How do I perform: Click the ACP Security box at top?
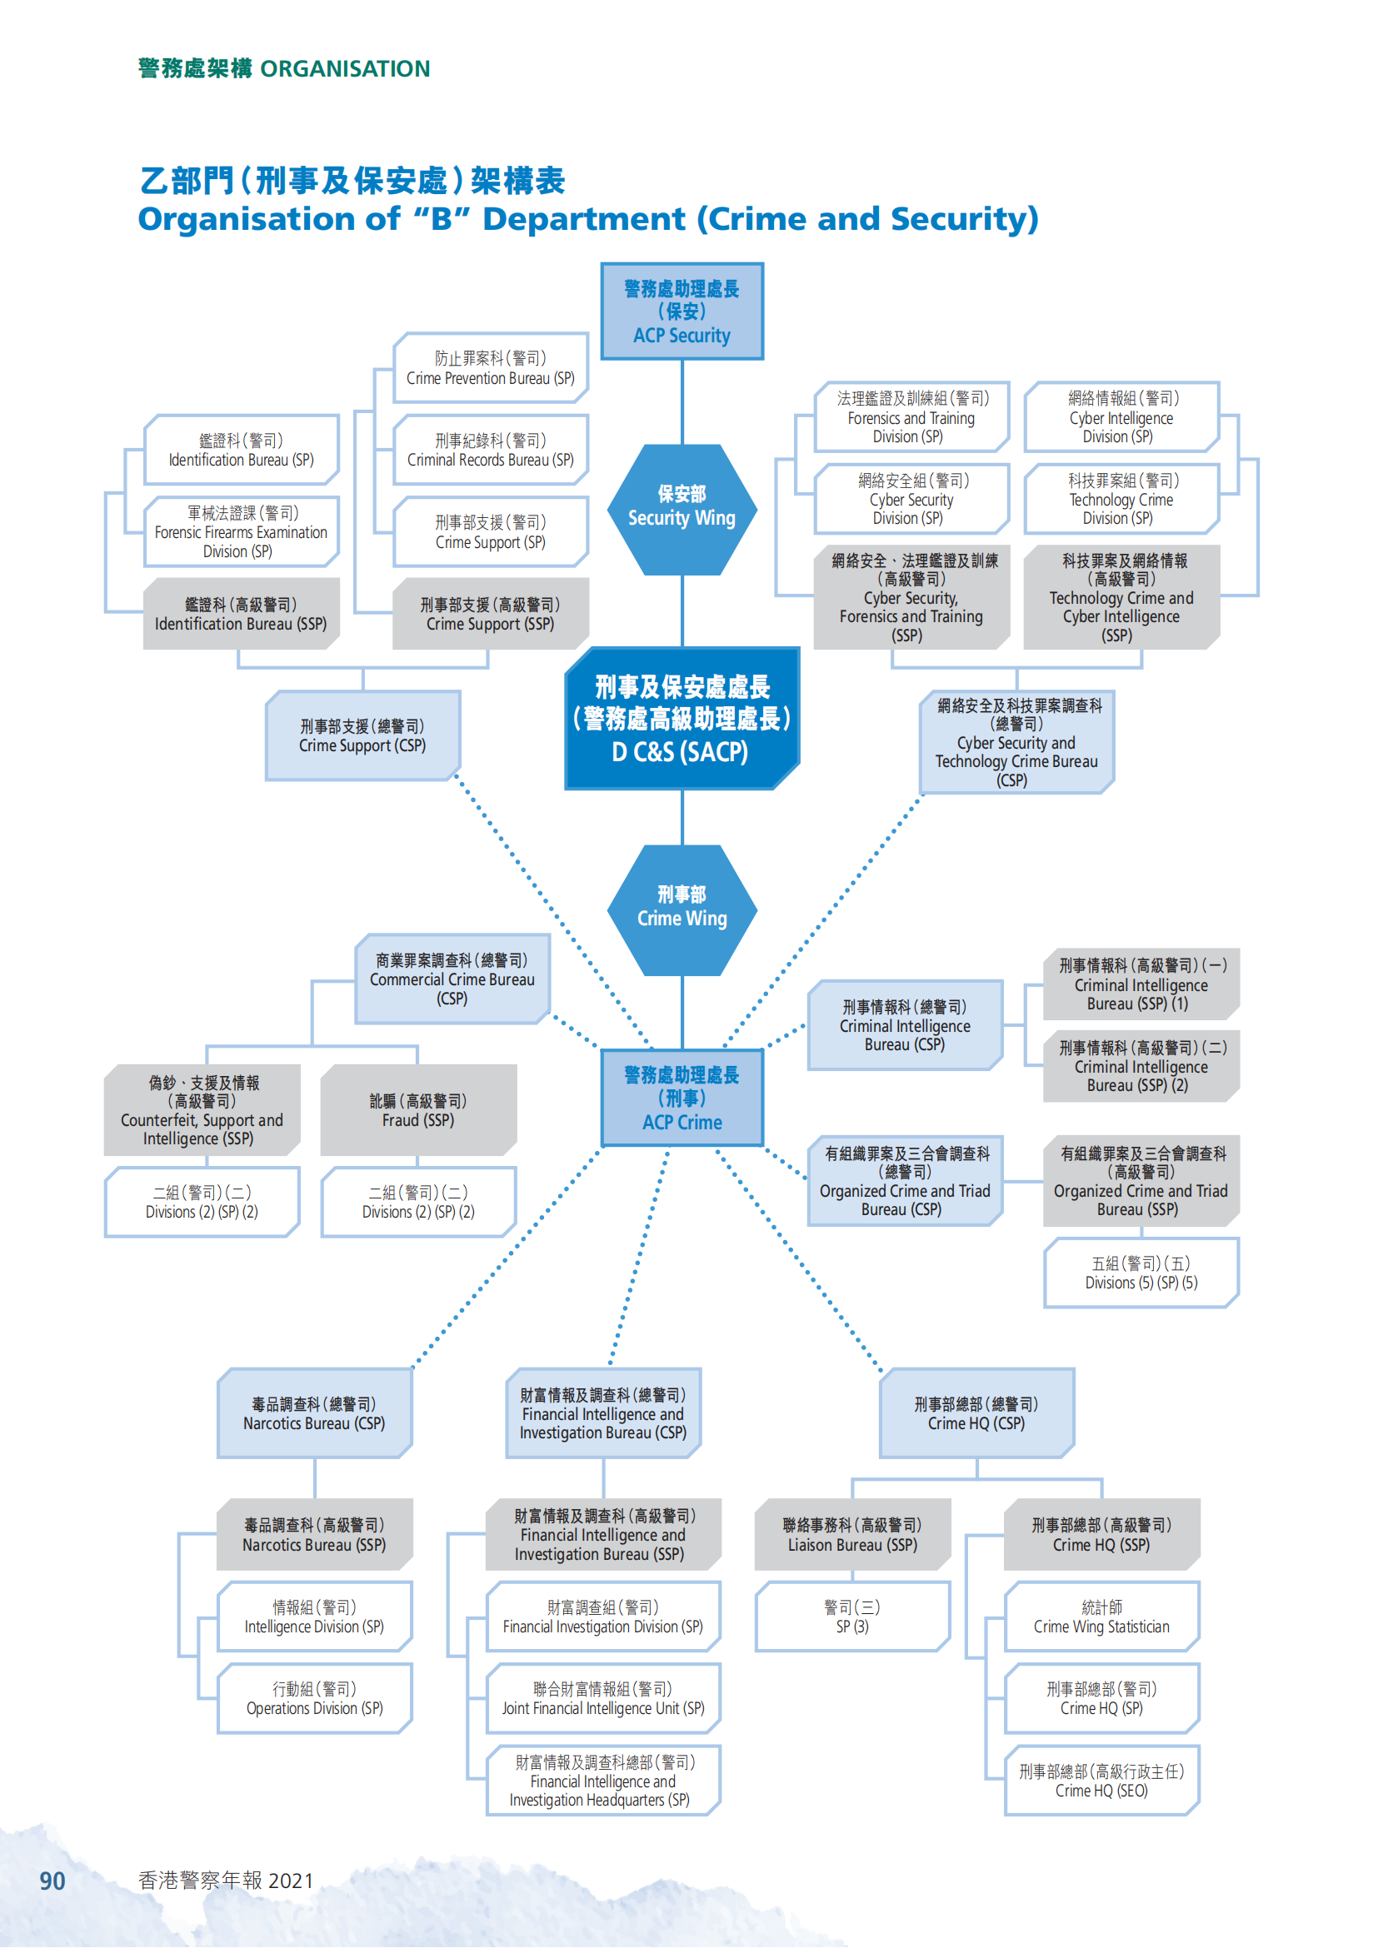point(682,311)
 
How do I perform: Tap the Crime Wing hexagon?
point(682,909)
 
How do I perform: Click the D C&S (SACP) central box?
point(682,719)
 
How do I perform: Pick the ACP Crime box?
point(682,1098)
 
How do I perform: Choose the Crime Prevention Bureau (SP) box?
point(491,368)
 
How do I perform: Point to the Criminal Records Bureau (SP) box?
point(491,450)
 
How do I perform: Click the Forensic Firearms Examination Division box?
point(241,532)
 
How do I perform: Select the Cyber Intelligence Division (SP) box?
point(1121,416)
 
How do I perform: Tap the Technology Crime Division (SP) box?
point(1121,499)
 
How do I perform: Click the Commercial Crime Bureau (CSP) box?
point(452,979)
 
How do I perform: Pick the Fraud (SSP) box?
point(418,1109)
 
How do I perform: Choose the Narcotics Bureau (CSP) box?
point(315,1413)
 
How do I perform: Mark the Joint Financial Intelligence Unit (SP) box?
point(603,1698)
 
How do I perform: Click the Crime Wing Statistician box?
point(1102,1617)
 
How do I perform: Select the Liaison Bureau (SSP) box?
point(853,1534)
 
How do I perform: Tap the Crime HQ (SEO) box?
point(1102,1781)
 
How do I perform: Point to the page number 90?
point(52,1882)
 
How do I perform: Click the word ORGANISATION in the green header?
point(346,69)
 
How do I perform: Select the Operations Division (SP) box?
point(315,1698)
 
